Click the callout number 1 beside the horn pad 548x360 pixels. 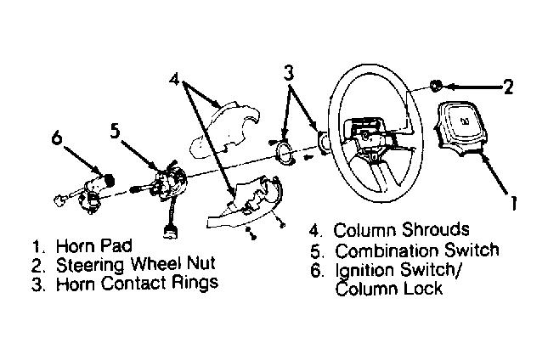tap(514, 204)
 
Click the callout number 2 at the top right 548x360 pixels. tap(507, 85)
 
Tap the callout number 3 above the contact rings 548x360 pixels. tap(290, 74)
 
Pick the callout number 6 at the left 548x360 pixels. tap(57, 135)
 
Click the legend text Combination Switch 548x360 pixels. tap(416, 250)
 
